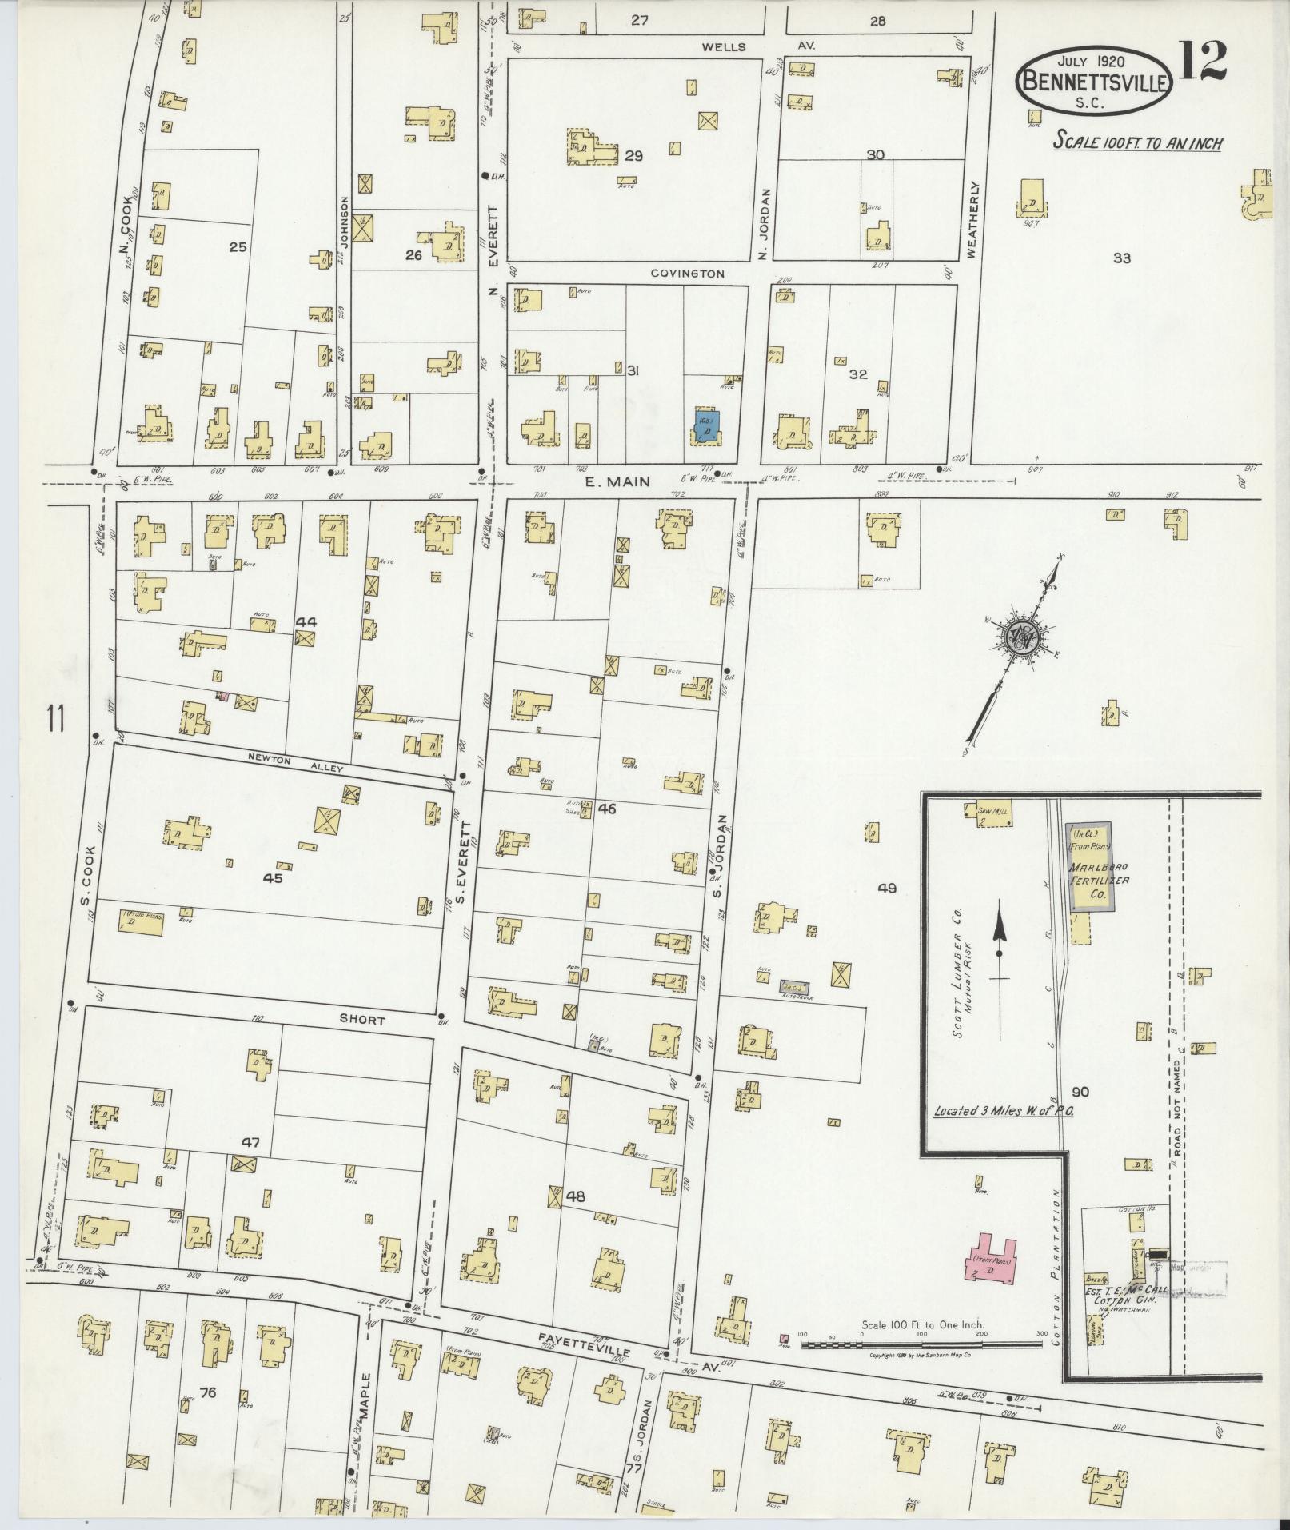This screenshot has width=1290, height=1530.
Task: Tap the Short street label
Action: pyautogui.click(x=361, y=1021)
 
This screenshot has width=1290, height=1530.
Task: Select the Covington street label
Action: pyautogui.click(x=687, y=274)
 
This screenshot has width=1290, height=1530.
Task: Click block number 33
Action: pyautogui.click(x=1121, y=258)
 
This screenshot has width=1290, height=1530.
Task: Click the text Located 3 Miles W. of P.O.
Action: pyautogui.click(x=1003, y=1112)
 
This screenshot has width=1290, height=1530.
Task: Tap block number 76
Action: pyautogui.click(x=208, y=1392)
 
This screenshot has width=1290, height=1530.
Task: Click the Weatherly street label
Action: pyautogui.click(x=972, y=218)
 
